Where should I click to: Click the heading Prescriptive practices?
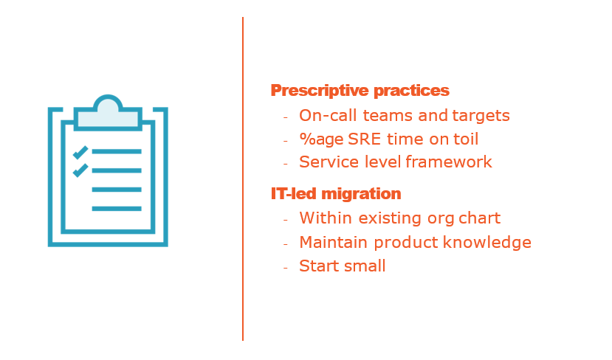(x=360, y=91)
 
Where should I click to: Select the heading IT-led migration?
(x=336, y=193)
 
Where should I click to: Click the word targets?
(x=481, y=116)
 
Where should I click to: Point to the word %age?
(x=320, y=139)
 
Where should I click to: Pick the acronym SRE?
(x=364, y=139)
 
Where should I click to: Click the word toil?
(x=466, y=139)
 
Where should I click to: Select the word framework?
(x=449, y=162)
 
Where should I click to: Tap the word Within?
(x=326, y=218)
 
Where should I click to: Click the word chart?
(x=479, y=218)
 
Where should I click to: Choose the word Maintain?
(x=334, y=242)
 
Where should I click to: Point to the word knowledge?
(x=487, y=243)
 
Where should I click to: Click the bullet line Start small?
(x=343, y=266)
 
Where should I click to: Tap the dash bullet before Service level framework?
(x=286, y=165)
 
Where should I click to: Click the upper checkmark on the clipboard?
(x=80, y=152)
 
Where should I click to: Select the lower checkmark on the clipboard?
(x=80, y=170)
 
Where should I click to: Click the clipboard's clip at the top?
(x=108, y=113)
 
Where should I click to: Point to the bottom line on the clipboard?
(x=117, y=209)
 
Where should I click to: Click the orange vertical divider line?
(x=243, y=179)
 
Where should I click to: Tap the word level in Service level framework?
(x=382, y=162)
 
